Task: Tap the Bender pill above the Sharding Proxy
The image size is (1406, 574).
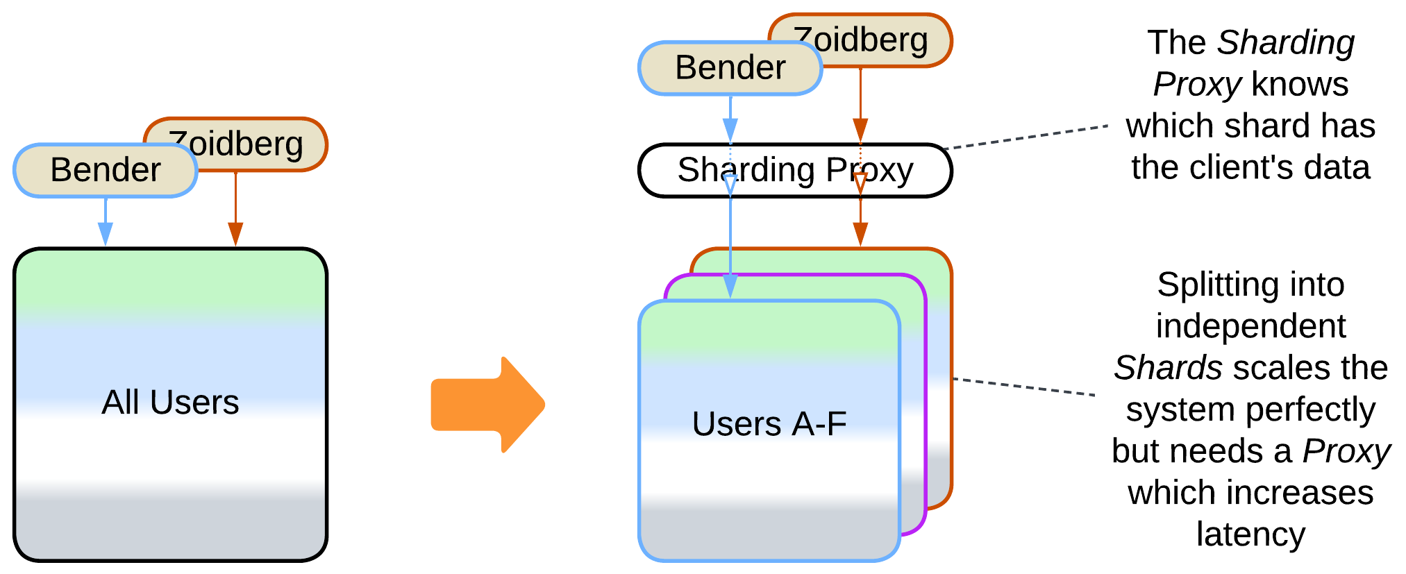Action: pos(730,68)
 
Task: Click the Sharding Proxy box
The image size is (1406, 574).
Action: pos(794,171)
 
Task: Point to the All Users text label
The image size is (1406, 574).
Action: pos(170,402)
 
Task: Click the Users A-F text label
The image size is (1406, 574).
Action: pos(769,423)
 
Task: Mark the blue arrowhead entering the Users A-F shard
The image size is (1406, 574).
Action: pos(730,285)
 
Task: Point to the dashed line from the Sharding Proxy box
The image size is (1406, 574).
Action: pos(1028,137)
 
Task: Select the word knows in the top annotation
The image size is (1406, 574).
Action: pos(1300,85)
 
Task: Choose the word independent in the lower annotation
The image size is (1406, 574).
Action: pos(1250,326)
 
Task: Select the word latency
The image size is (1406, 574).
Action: pos(1250,534)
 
